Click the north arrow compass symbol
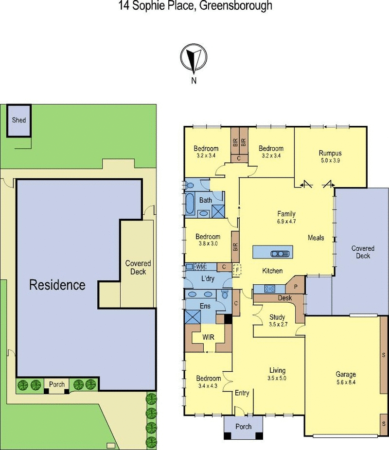tap(194, 59)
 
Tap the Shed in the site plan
tap(19, 121)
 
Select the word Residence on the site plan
tap(57, 285)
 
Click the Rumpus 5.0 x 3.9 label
tap(330, 156)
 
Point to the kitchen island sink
tap(280, 253)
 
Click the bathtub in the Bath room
tap(190, 204)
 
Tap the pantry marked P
tap(296, 286)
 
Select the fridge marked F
tap(237, 270)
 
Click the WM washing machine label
tap(200, 267)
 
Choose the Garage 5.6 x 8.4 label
tap(346, 378)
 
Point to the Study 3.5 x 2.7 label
tap(277, 321)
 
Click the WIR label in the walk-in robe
tap(208, 337)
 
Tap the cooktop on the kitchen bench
tap(269, 289)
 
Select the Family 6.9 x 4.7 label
tap(286, 217)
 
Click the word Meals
tap(316, 238)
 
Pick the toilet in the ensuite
tap(225, 294)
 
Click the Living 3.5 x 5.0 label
tap(277, 374)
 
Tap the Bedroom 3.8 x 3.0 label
tap(208, 240)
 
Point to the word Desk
tap(285, 298)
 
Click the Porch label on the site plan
tap(56, 384)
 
